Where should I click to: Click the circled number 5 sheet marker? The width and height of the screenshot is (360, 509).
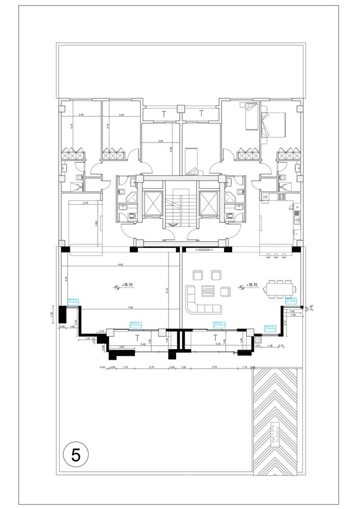(x=76, y=455)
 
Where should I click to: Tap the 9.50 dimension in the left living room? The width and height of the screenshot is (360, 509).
(x=120, y=265)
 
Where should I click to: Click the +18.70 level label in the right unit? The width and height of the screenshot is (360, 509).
(x=253, y=287)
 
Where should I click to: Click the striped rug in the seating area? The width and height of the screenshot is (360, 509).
(x=209, y=291)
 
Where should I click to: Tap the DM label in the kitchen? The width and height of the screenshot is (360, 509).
(x=265, y=197)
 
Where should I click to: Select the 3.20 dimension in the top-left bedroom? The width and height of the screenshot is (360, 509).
(x=81, y=116)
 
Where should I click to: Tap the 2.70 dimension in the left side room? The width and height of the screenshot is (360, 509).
(x=86, y=203)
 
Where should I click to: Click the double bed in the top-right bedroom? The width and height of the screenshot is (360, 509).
(x=274, y=124)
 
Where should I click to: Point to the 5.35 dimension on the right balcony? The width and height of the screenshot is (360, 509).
(x=218, y=344)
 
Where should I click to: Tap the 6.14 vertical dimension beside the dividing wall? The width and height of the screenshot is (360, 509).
(x=167, y=291)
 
